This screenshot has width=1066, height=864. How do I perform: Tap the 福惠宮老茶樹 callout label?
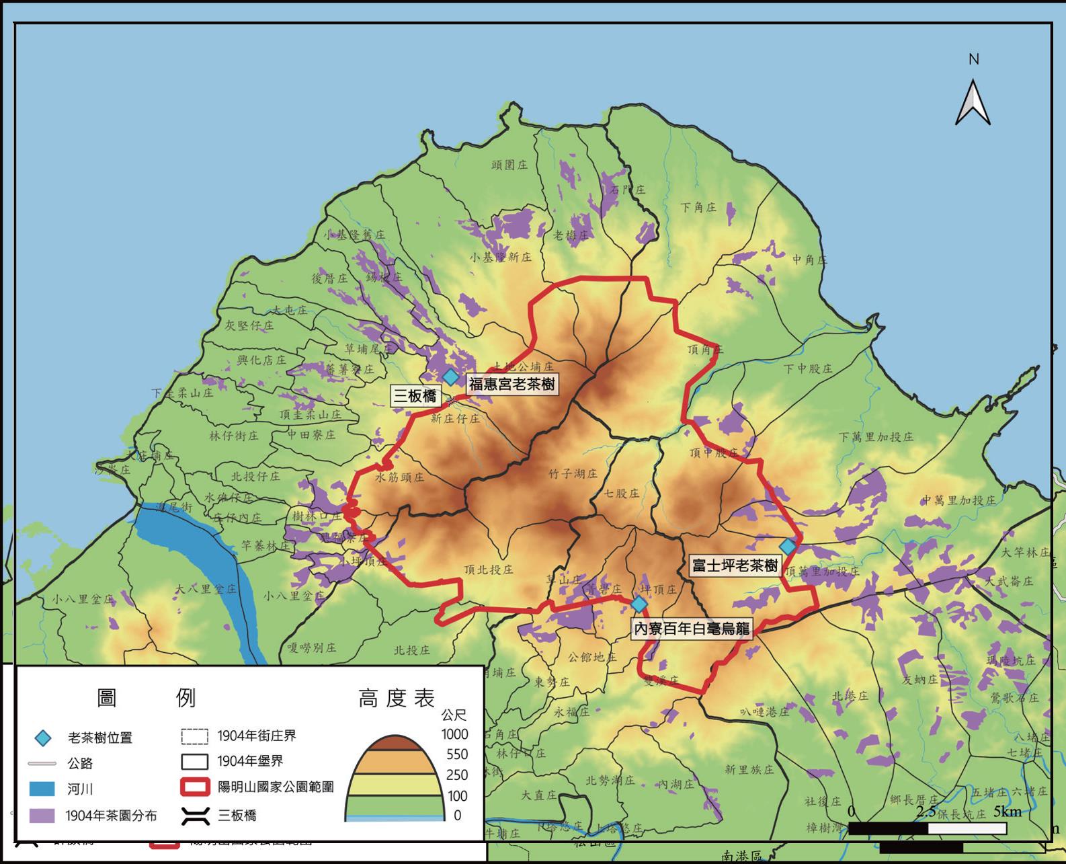[512, 384]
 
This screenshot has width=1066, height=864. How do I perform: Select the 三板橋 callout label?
[415, 396]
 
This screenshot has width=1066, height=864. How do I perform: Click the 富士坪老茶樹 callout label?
[735, 565]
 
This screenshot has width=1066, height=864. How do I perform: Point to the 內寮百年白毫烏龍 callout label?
[692, 629]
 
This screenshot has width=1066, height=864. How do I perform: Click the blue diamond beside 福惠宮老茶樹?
[451, 377]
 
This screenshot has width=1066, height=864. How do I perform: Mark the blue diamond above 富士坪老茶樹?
[788, 547]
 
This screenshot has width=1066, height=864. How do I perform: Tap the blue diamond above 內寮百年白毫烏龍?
[639, 604]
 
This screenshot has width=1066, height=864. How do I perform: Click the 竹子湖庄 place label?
[573, 474]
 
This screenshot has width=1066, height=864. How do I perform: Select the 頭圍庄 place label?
[509, 165]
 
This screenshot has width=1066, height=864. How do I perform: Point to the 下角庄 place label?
[698, 207]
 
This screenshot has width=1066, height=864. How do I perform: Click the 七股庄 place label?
[621, 493]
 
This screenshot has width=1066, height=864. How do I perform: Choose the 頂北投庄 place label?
[489, 570]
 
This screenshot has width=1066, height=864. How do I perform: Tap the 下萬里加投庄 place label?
[876, 437]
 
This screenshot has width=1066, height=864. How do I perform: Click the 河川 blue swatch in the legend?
[42, 789]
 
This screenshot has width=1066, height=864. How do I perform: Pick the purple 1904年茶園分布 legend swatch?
[42, 816]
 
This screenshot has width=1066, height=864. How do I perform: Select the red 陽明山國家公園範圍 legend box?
[195, 787]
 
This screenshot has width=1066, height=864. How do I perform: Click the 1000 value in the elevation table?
[454, 734]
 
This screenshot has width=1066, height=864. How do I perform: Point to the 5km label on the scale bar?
[1008, 812]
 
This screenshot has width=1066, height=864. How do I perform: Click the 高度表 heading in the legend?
[397, 698]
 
